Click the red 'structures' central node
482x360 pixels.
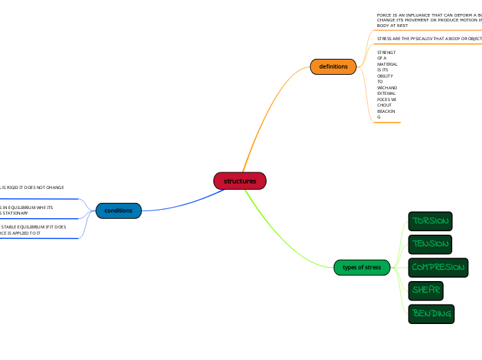pyautogui.click(x=240, y=181)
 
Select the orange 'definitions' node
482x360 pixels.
pyautogui.click(x=333, y=66)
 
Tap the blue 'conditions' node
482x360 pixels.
pyautogui.click(x=118, y=210)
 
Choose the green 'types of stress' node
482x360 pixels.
pyautogui.click(x=361, y=267)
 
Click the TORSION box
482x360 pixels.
pyautogui.click(x=430, y=222)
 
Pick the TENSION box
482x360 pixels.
pyautogui.click(x=430, y=244)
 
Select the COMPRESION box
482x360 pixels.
pyautogui.click(x=438, y=267)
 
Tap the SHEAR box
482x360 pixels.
pyautogui.click(x=425, y=290)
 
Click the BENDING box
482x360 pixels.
pyautogui.click(x=431, y=314)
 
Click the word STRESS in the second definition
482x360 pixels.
pyautogui.click(x=384, y=39)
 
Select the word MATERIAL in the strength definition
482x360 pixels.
pyautogui.click(x=387, y=64)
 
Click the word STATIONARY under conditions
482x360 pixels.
pyautogui.click(x=15, y=213)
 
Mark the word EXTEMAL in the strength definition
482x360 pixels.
pyautogui.click(x=386, y=93)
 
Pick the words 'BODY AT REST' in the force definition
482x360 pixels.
pyautogui.click(x=392, y=26)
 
